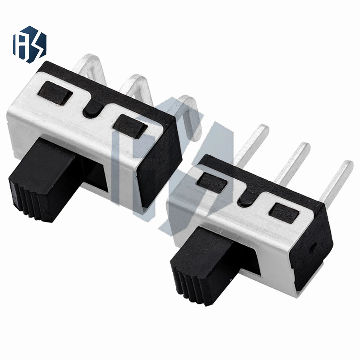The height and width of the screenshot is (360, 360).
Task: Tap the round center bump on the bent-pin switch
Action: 93,108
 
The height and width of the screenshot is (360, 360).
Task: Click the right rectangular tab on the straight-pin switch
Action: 284,212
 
